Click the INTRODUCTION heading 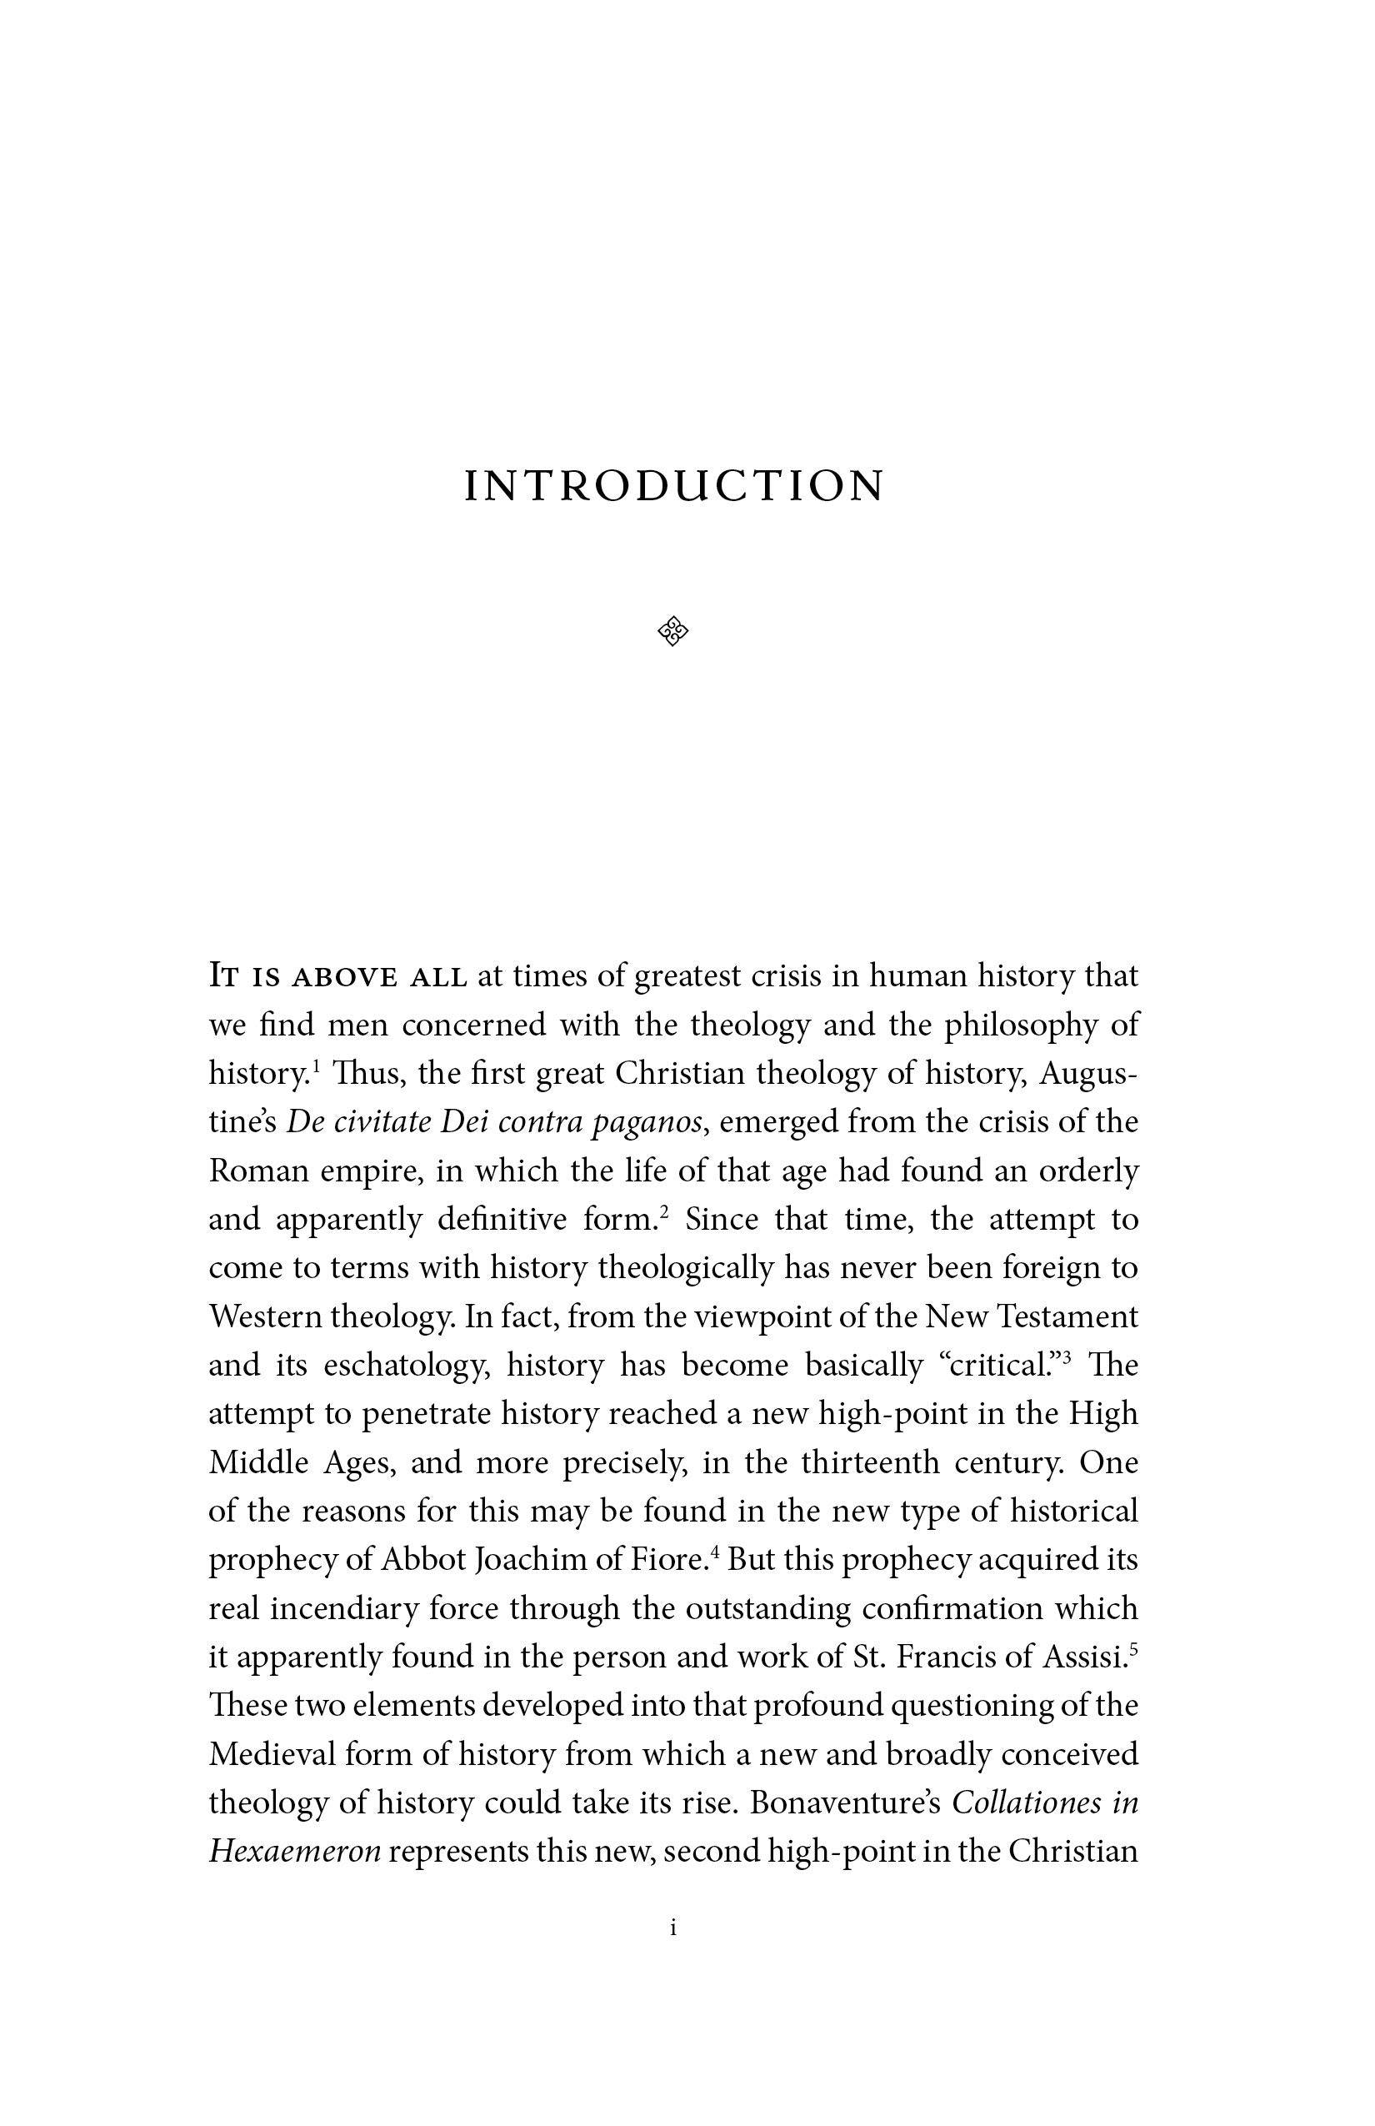point(674,487)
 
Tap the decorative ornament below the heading point(673,632)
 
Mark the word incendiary point(342,1609)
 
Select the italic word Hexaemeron point(295,1851)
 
